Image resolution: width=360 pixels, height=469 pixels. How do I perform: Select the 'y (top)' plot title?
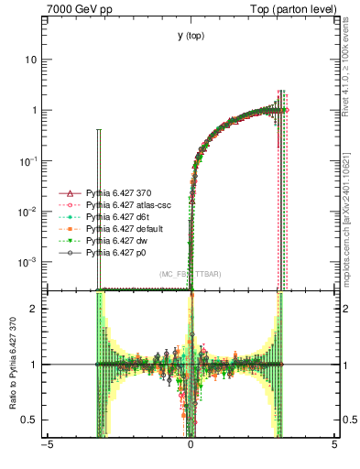190,36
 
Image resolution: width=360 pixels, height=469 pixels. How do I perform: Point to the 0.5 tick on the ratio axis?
34,420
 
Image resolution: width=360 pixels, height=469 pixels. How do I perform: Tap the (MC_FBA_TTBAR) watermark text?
190,275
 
